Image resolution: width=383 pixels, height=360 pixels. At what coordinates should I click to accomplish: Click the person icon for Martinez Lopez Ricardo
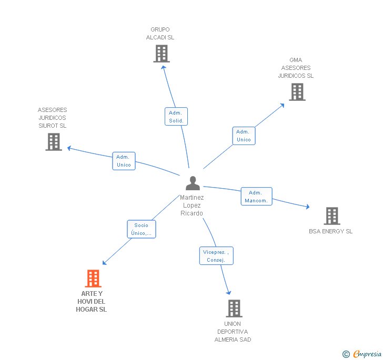tap(193, 183)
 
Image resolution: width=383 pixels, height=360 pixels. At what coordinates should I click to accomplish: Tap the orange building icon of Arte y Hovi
tap(93, 279)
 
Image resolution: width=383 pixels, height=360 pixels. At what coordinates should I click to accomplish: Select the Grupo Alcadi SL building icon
tap(162, 54)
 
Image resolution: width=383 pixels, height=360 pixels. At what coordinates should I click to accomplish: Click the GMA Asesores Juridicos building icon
tap(297, 92)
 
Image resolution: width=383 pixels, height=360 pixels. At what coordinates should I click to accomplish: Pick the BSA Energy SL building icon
tap(331, 216)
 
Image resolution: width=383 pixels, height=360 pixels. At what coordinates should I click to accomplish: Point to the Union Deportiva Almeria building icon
tap(234, 308)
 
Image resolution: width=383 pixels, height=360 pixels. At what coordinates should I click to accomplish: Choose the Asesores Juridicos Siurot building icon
tap(54, 142)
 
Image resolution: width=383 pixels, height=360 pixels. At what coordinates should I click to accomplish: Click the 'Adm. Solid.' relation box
tap(176, 117)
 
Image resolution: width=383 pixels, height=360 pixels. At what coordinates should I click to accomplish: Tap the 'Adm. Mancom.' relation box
tap(257, 197)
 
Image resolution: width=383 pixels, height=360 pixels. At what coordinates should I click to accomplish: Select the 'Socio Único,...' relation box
tap(142, 229)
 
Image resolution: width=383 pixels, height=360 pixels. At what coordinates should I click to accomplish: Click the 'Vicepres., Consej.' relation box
tap(216, 256)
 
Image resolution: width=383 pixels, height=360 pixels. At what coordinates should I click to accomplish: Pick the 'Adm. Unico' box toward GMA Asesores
tap(244, 136)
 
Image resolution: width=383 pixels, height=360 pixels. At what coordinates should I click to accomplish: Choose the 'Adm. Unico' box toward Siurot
tap(124, 161)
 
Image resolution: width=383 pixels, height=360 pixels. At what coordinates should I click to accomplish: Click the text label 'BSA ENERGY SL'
tap(331, 231)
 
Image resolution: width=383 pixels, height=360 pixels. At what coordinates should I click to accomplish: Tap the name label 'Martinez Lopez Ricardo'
tap(191, 205)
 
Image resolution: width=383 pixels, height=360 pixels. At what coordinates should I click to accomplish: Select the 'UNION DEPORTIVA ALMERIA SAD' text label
tap(233, 332)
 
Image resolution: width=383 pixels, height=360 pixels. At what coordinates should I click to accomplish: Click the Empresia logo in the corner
tap(362, 354)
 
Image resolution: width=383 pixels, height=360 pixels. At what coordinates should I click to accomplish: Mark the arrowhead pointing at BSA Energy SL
tap(308, 207)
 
